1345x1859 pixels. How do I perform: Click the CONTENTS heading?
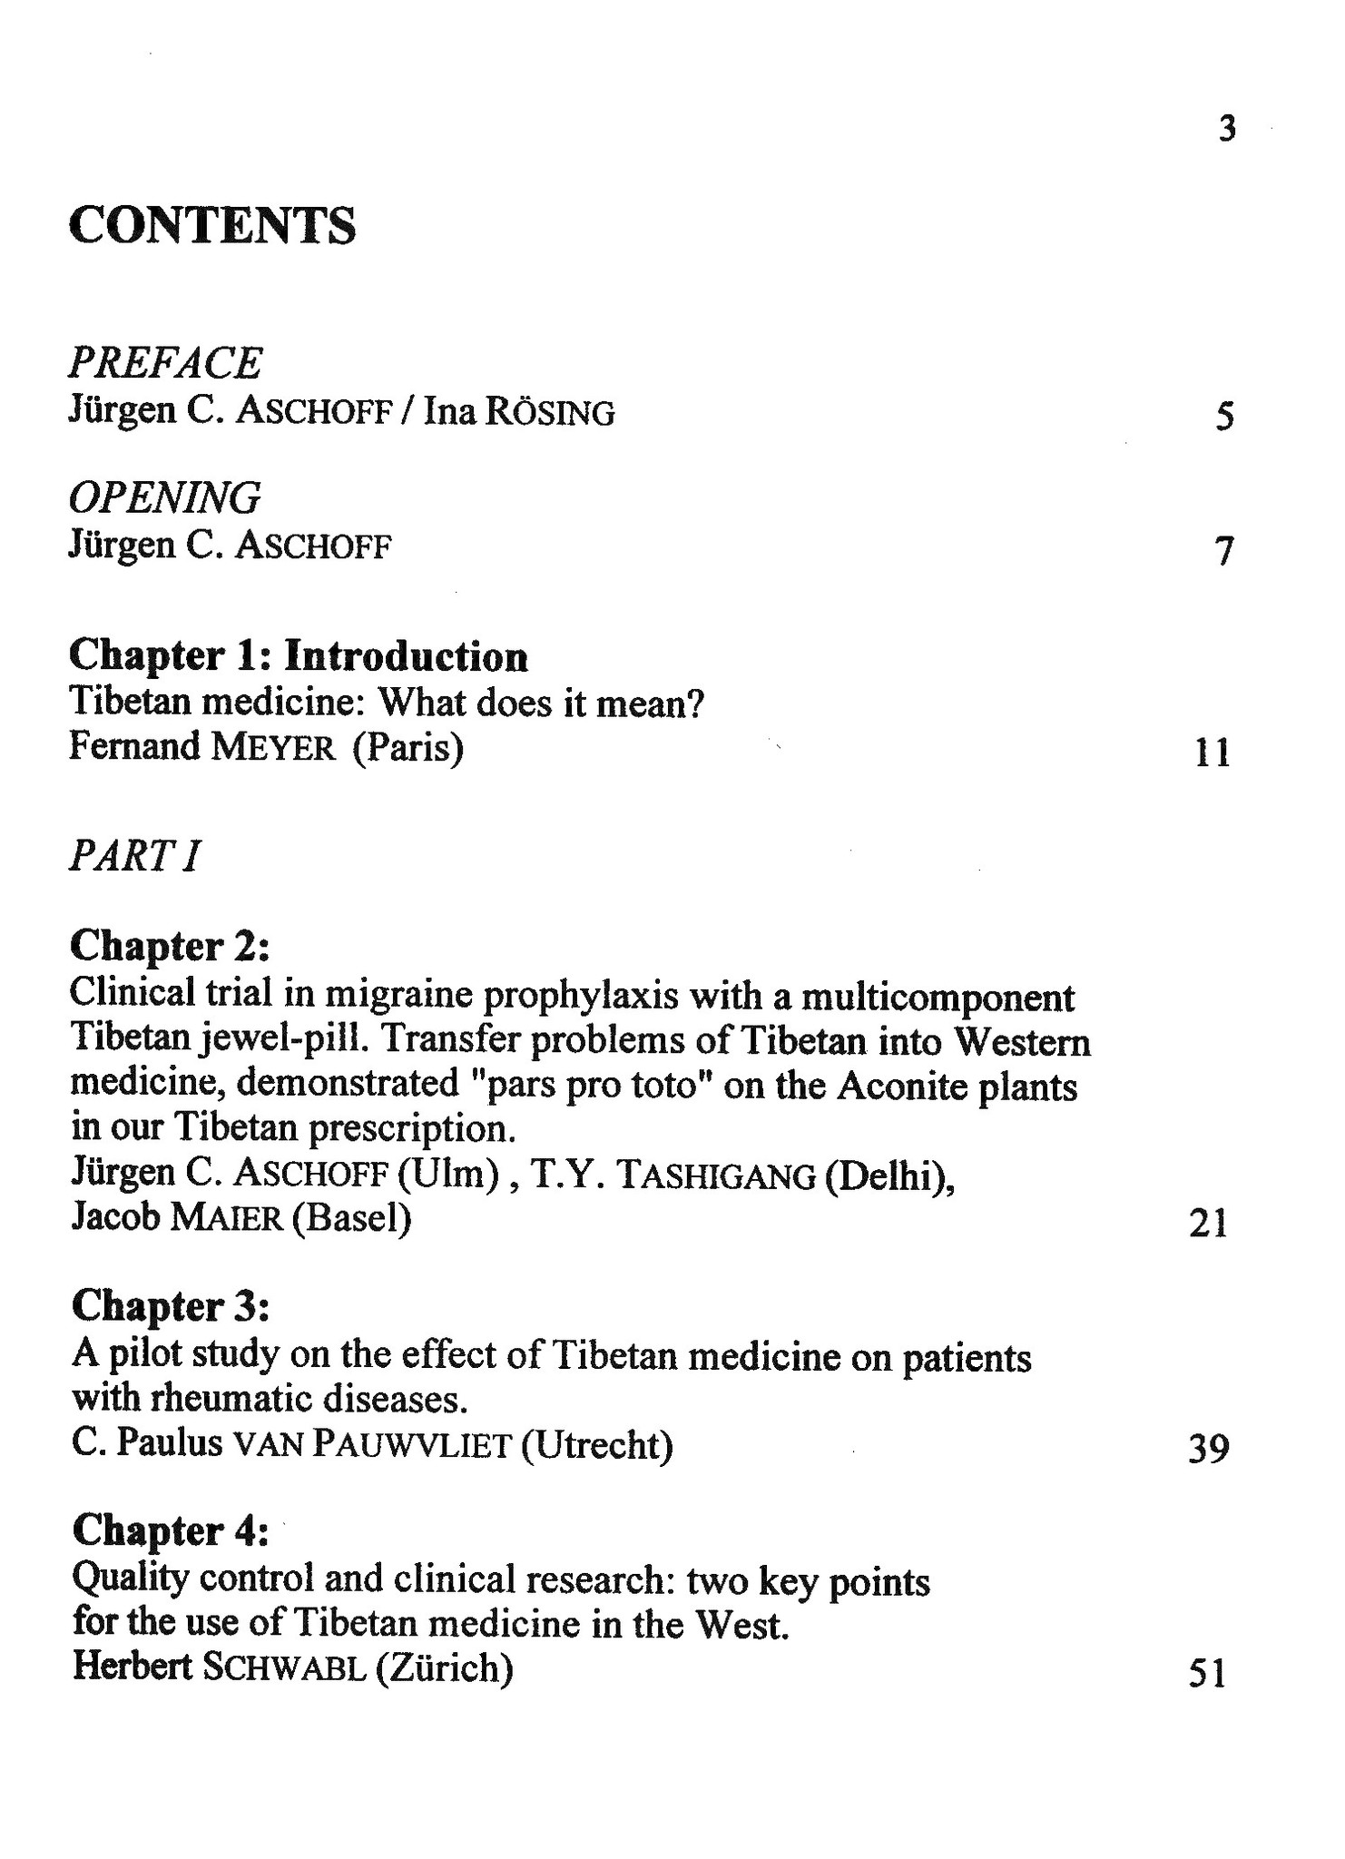(212, 225)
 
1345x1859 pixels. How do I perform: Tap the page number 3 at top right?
(1227, 130)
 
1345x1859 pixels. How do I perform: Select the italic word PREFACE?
(165, 363)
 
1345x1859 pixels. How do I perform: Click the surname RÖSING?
(550, 413)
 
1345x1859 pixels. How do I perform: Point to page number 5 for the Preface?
(1224, 417)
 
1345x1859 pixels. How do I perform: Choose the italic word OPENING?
(165, 498)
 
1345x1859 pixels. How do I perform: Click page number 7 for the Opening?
(1225, 551)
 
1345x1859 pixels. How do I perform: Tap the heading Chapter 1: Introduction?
(299, 656)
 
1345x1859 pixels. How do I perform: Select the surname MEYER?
(273, 749)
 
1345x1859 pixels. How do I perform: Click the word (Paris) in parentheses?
(408, 749)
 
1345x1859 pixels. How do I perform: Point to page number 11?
(1212, 752)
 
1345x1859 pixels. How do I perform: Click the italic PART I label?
(134, 856)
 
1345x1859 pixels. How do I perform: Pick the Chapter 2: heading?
(170, 947)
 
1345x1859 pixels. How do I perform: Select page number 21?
(1208, 1224)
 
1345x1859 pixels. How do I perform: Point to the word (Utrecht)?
(597, 1444)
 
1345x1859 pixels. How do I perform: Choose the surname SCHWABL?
(285, 1668)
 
